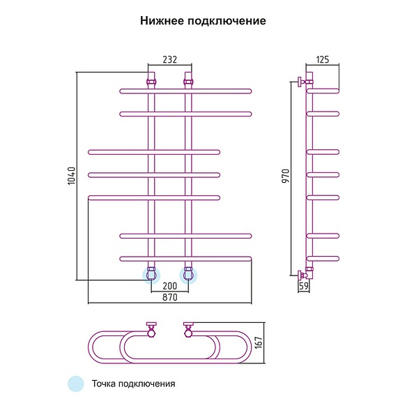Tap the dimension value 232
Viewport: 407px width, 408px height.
click(170, 59)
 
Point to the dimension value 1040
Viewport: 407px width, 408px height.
click(71, 176)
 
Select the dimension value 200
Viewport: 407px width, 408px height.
click(170, 286)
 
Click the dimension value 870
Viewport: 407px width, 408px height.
click(170, 297)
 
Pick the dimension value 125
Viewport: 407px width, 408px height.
click(323, 59)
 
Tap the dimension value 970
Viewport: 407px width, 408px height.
click(286, 176)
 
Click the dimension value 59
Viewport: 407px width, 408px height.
click(304, 286)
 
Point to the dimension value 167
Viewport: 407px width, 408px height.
click(259, 343)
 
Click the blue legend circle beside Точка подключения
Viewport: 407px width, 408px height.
click(76, 384)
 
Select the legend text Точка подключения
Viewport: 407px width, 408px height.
click(133, 384)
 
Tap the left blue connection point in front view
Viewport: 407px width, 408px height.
click(151, 275)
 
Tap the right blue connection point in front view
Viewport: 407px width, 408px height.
click(188, 275)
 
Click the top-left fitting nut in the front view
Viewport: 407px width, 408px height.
click(151, 82)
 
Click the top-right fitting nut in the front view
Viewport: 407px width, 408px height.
click(188, 82)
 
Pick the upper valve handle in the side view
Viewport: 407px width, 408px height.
click(300, 82)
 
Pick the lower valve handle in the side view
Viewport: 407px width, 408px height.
click(300, 275)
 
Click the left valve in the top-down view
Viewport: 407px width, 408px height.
click(151, 330)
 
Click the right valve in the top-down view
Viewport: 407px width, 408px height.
click(188, 330)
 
